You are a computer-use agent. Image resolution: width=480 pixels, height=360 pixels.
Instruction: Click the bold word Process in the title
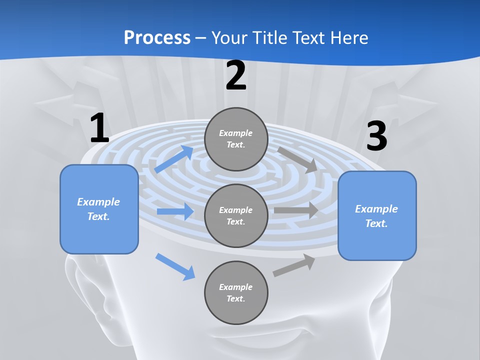(157, 38)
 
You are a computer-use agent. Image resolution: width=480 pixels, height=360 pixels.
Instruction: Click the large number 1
(99, 128)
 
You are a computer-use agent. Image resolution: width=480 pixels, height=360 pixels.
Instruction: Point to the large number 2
(236, 75)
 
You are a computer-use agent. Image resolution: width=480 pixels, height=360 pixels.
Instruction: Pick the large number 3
(376, 136)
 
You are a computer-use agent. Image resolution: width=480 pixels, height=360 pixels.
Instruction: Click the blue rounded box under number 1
(99, 209)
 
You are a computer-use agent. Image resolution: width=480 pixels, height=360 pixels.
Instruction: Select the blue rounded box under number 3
(377, 216)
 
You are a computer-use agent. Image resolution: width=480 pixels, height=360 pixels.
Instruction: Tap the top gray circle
(236, 139)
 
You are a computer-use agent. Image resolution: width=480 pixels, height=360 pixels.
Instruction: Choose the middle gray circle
(236, 215)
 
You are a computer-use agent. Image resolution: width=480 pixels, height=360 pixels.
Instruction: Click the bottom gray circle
(236, 292)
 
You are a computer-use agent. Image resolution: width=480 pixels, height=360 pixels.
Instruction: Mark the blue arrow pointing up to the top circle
(173, 159)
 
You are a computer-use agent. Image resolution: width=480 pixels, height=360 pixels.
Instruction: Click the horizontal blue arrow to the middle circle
(175, 211)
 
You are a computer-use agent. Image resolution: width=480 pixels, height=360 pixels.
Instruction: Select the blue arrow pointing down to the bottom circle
(175, 266)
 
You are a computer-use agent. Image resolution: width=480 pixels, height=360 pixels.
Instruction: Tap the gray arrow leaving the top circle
(297, 159)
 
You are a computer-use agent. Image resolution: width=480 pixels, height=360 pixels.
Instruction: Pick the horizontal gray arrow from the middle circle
(296, 210)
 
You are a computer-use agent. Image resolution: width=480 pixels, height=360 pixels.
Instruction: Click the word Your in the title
(229, 38)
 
